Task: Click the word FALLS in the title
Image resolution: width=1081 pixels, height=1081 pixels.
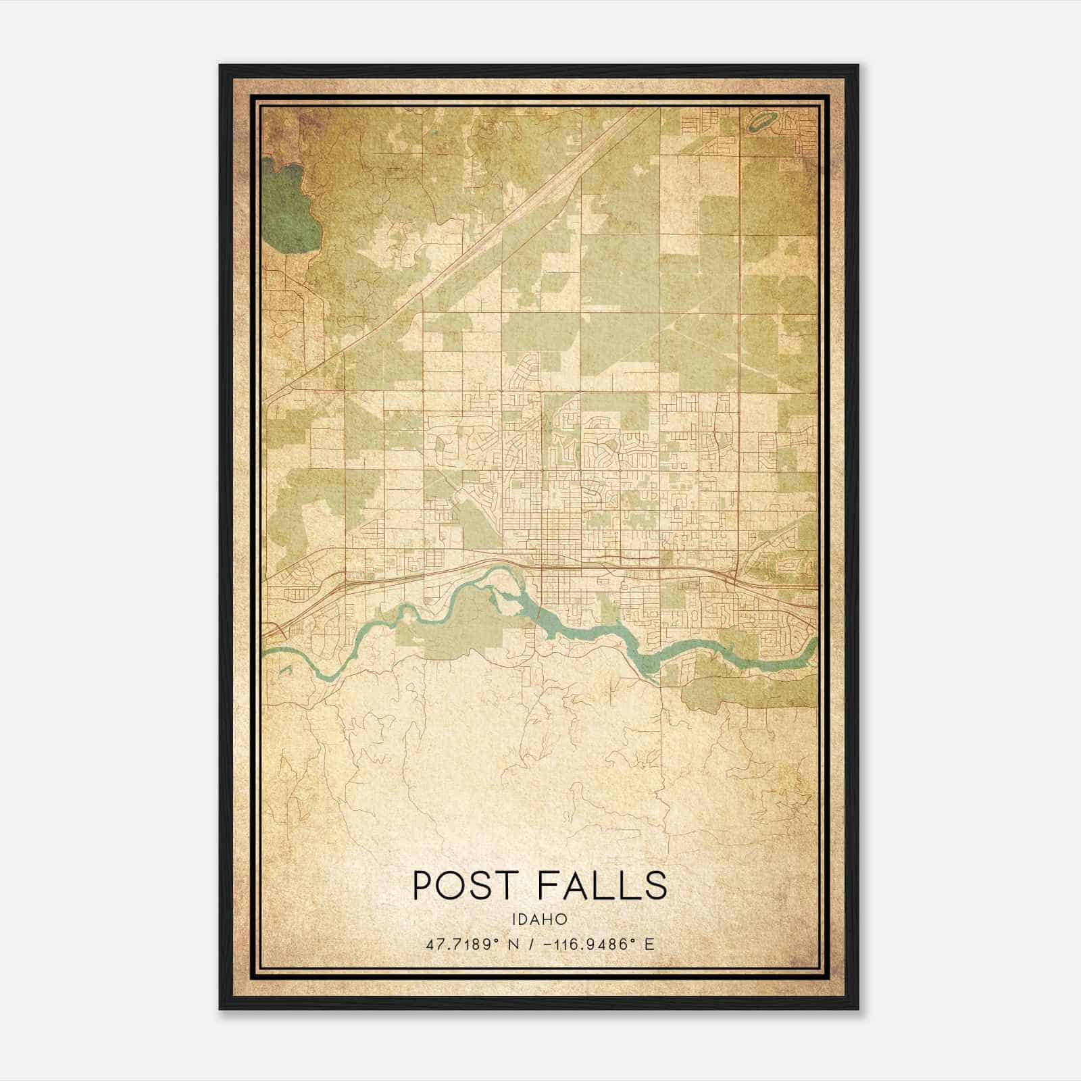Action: point(603,885)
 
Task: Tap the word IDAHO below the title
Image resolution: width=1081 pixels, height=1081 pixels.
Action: point(539,920)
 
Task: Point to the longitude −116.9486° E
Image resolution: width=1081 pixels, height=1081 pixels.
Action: point(595,944)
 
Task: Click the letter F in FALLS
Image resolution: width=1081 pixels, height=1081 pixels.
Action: point(550,885)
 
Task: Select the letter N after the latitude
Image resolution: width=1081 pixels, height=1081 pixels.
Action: point(516,944)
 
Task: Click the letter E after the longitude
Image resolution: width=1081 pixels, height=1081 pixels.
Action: point(650,944)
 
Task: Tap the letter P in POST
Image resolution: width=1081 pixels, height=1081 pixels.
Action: point(423,885)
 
